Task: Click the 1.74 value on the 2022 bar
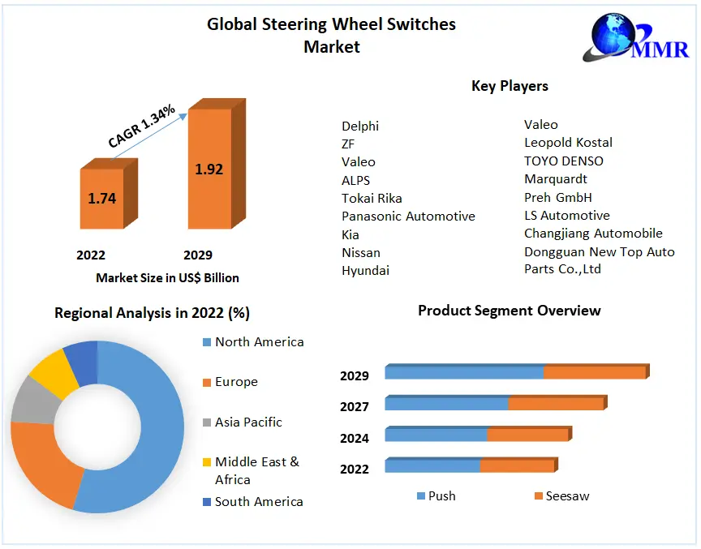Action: point(102,199)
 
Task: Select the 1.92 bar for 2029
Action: point(209,169)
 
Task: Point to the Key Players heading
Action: point(510,86)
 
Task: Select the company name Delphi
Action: point(360,126)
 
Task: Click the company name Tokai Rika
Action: point(372,198)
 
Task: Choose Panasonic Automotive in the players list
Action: point(408,217)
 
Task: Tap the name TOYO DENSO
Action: point(564,161)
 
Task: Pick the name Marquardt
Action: point(556,178)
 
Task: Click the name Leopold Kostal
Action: point(568,143)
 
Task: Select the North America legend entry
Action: point(259,342)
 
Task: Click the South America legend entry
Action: point(259,502)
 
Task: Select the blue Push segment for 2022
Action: point(432,466)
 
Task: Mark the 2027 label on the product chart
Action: point(355,407)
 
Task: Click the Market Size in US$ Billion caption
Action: point(167,278)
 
